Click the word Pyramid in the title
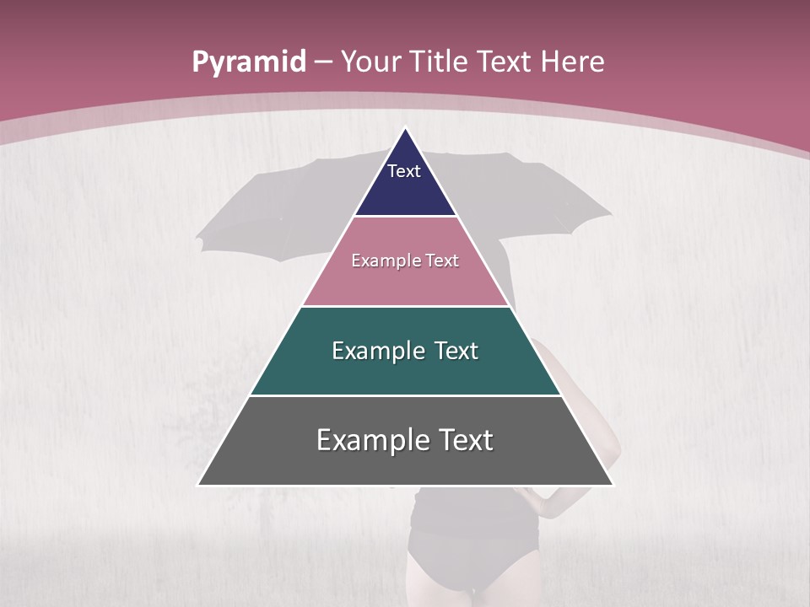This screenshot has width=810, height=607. click(x=248, y=62)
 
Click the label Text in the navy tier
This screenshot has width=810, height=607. click(x=404, y=171)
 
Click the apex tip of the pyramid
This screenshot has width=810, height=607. click(x=406, y=129)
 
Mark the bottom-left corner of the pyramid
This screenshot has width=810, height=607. click(x=199, y=484)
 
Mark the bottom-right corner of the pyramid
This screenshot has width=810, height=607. click(x=613, y=484)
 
